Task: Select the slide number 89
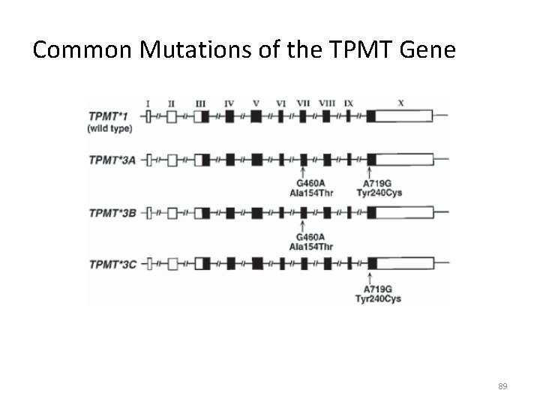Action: point(502,385)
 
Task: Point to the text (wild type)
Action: point(109,128)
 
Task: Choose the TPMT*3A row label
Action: point(112,160)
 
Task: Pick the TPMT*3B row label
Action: point(112,212)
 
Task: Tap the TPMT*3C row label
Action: point(112,264)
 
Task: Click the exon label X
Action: point(400,103)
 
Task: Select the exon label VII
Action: point(302,103)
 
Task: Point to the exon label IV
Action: point(229,103)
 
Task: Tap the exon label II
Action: point(172,103)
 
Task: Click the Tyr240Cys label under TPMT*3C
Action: point(379,299)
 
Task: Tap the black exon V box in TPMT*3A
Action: point(256,160)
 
